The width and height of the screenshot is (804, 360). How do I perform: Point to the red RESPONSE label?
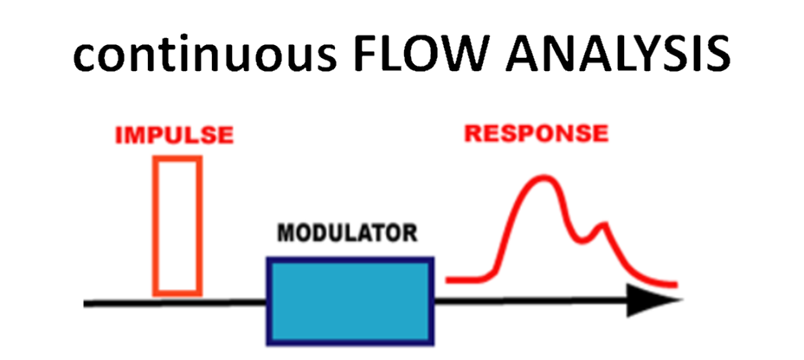536,134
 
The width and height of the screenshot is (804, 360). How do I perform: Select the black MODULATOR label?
348,233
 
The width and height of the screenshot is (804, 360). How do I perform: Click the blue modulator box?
349,299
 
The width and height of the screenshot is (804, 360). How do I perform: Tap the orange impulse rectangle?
177,225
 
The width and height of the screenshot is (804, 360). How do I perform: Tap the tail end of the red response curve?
672,284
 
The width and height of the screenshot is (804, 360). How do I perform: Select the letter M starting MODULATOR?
285,233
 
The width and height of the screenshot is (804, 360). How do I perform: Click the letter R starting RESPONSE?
473,134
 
